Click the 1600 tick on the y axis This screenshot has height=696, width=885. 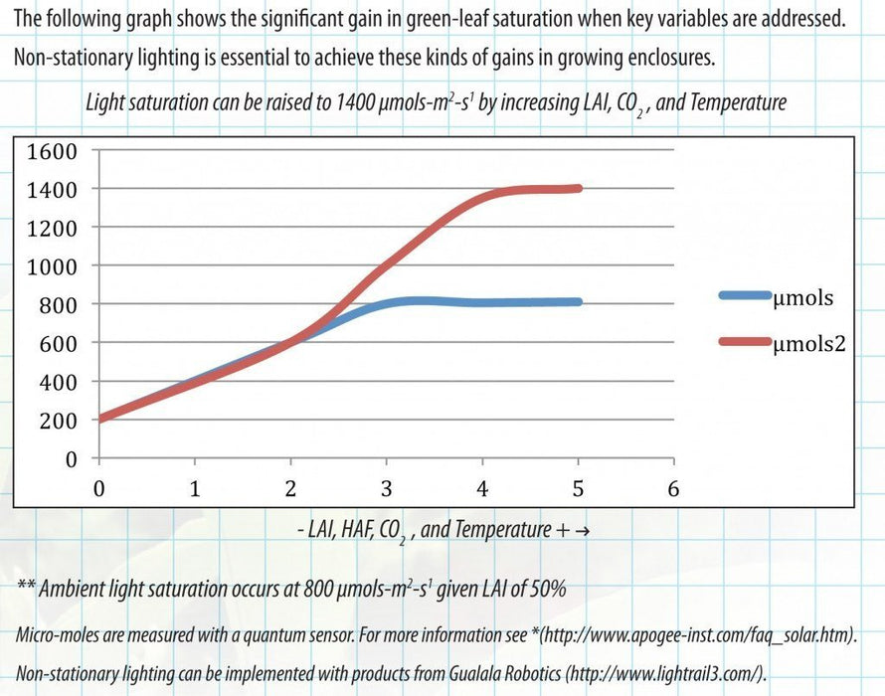coord(53,151)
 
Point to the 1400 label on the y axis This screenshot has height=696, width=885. coord(53,189)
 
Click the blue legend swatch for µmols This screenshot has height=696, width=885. coord(744,295)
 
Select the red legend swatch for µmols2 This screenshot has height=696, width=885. coord(744,342)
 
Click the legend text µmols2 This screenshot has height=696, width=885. coord(813,343)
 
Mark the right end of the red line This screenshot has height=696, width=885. coord(578,188)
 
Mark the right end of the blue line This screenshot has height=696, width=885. coord(578,302)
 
